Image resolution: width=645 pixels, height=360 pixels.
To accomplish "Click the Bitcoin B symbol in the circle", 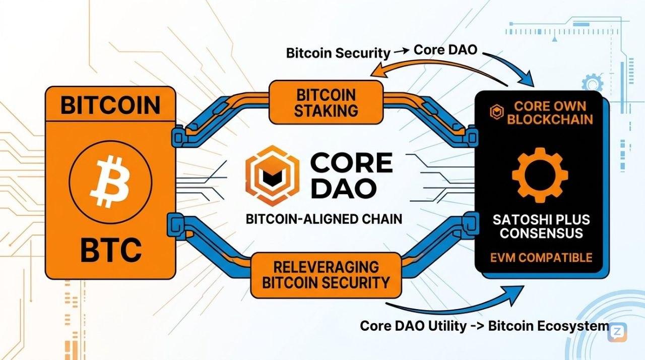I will (x=110, y=177).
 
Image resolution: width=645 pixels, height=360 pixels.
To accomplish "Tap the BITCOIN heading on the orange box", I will (x=110, y=105).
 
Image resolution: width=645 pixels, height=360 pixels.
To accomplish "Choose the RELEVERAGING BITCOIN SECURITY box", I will (x=326, y=275).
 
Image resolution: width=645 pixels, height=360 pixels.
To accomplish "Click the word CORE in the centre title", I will (x=352, y=162).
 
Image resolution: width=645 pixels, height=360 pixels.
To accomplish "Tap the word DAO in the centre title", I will (x=343, y=189).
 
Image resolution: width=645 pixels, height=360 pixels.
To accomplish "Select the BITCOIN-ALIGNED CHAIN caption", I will (x=324, y=219).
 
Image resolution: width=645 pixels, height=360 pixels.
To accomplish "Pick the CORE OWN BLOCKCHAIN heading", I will (x=546, y=113).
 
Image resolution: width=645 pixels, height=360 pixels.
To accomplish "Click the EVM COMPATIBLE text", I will (x=541, y=258).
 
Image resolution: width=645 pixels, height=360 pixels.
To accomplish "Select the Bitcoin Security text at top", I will (x=338, y=52).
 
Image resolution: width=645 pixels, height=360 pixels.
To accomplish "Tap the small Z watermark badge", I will (x=617, y=332).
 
